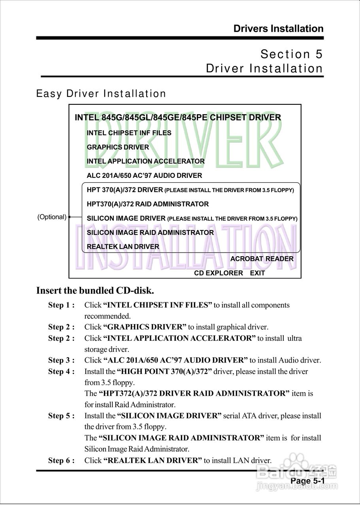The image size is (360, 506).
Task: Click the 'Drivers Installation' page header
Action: click(278, 29)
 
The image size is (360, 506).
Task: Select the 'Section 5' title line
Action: click(292, 54)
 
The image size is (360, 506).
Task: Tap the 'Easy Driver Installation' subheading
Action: click(101, 94)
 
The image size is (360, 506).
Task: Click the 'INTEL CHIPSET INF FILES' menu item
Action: click(129, 133)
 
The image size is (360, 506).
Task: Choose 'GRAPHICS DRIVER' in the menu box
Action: click(118, 147)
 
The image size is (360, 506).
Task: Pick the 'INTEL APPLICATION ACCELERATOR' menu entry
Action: click(145, 161)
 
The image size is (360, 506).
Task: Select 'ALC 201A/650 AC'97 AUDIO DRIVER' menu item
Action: click(144, 176)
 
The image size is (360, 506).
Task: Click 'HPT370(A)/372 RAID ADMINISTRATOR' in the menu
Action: click(147, 204)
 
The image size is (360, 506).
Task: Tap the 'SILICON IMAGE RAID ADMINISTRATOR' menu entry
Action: click(150, 232)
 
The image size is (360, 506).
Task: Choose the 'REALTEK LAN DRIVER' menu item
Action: click(123, 247)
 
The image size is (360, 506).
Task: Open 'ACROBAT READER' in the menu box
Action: click(262, 259)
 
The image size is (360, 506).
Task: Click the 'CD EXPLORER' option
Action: click(218, 273)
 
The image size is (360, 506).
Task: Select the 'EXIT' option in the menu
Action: click(257, 273)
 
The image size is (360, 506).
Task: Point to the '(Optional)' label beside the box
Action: click(52, 217)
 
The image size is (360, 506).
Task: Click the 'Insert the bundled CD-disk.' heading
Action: click(95, 291)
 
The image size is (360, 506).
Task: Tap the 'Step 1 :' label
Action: click(61, 305)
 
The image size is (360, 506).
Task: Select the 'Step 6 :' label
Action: click(61, 461)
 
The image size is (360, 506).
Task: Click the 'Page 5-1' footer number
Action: click(307, 481)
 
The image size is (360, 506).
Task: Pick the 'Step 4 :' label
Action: click(61, 372)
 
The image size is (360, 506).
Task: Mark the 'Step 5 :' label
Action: click(61, 416)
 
